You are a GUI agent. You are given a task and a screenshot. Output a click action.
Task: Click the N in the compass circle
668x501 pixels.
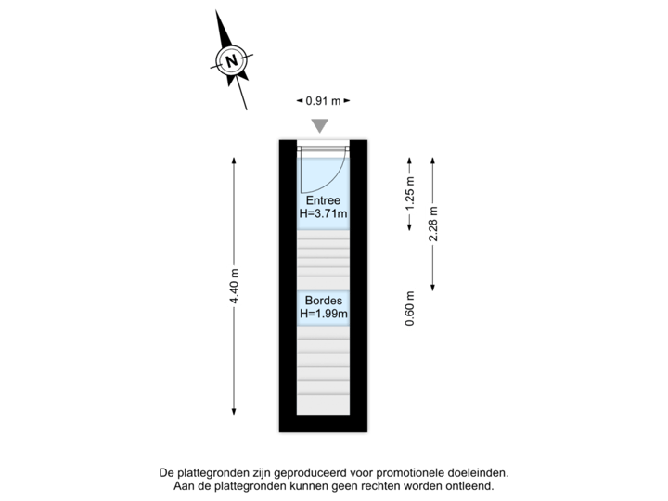[x=231, y=61]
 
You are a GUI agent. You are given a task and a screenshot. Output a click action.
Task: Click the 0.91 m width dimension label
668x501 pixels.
[x=323, y=101]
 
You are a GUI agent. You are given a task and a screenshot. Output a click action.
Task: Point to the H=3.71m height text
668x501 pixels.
[x=323, y=213]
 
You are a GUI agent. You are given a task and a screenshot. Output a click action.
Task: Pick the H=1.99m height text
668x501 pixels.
[x=323, y=315]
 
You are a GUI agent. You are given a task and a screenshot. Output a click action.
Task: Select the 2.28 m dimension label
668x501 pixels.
[x=432, y=224]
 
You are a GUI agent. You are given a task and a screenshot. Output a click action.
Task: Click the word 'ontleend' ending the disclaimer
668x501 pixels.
[x=469, y=485]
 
